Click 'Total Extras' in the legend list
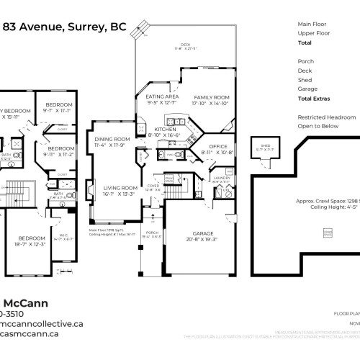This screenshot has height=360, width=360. (315, 99)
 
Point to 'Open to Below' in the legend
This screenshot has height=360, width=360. (317, 127)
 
